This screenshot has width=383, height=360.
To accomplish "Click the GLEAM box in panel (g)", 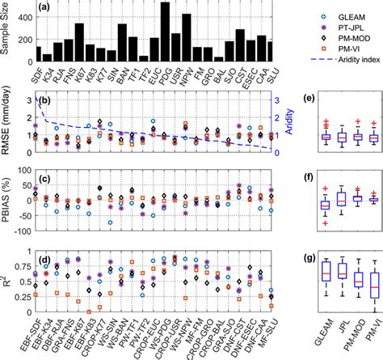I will [x=326, y=282].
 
